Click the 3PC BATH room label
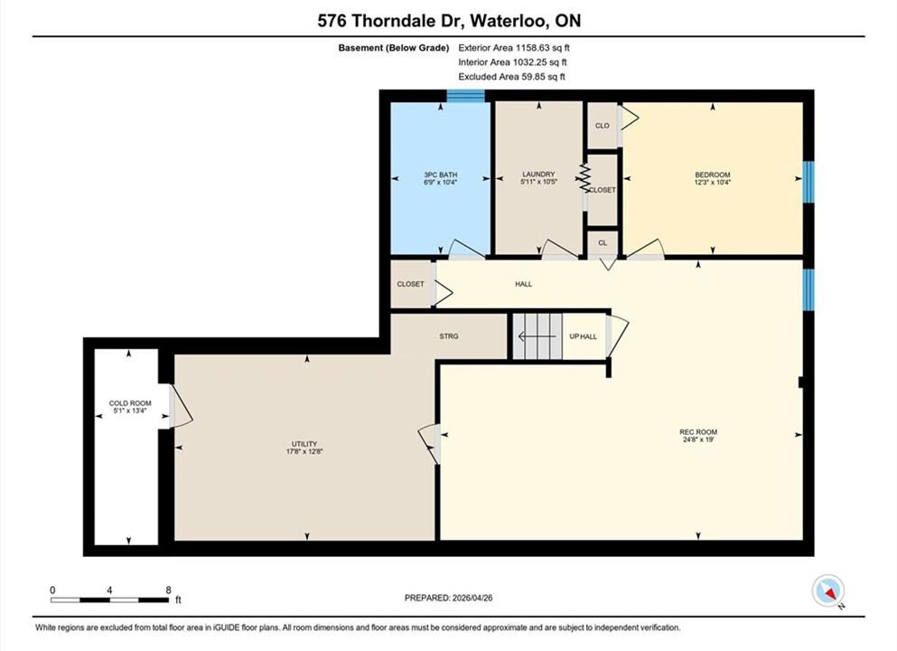tap(441, 175)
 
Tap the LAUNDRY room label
tap(538, 175)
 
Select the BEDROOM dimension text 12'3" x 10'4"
tap(712, 182)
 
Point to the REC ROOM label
tap(698, 431)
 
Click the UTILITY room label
tap(304, 444)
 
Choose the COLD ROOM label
tap(130, 403)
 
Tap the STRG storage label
tap(448, 336)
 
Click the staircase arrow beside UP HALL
tap(537, 336)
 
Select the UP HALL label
tap(583, 336)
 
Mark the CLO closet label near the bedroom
tap(603, 126)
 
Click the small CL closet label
tap(603, 242)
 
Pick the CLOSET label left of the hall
tap(411, 284)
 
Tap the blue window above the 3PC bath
tap(465, 96)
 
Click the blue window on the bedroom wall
tap(808, 182)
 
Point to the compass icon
tap(827, 590)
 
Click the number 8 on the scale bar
tap(168, 590)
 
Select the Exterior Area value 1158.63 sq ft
tap(543, 48)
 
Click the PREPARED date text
tap(448, 598)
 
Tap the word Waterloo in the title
tap(511, 21)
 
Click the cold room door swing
tap(182, 405)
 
